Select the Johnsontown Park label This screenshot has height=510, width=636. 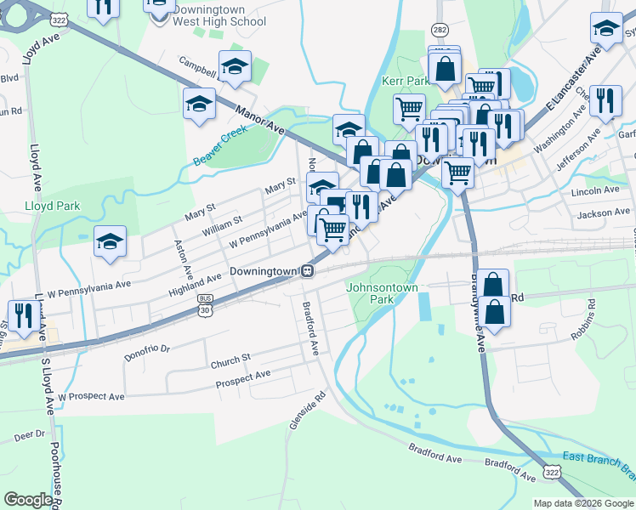point(383,293)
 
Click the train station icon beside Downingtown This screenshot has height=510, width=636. point(309,271)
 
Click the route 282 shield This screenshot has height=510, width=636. point(440,30)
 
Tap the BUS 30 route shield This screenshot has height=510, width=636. point(204,304)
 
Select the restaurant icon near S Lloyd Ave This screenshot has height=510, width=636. point(22,315)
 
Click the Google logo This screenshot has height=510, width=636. point(28,500)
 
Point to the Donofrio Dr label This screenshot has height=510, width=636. point(147,348)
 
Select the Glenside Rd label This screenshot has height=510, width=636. point(296,409)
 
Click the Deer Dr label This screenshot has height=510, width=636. point(29,434)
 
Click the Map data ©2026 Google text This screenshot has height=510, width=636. point(583,503)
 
